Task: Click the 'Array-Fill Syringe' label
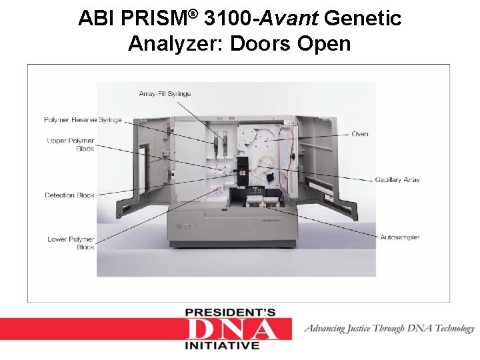(165, 94)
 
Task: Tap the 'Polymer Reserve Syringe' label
(83, 120)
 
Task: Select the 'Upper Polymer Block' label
(71, 145)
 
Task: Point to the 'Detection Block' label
(69, 195)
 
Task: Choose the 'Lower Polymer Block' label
(71, 243)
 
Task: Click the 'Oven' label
(360, 134)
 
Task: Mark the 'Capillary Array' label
(397, 180)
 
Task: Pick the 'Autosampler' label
(400, 237)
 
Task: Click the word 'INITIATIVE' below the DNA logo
(221, 346)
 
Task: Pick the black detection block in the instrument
(245, 170)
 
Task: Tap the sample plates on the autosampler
(263, 198)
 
